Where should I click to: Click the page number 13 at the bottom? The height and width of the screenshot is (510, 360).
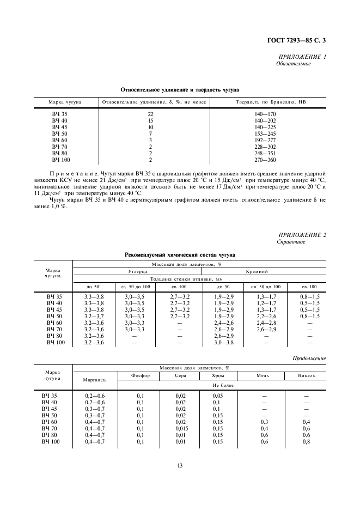pyautogui.click(x=179, y=465)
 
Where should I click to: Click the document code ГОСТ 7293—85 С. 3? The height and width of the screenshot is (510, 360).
pyautogui.click(x=300, y=40)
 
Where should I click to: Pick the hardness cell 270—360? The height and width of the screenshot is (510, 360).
pyautogui.click(x=265, y=160)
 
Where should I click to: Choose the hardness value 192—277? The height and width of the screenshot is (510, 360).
pyautogui.click(x=265, y=140)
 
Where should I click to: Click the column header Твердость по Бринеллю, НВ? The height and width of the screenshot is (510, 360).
pyautogui.click(x=265, y=102)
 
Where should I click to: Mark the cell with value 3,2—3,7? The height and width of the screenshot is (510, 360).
pyautogui.click(x=94, y=316)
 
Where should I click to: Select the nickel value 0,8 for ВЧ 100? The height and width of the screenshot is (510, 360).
pyautogui.click(x=306, y=442)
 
